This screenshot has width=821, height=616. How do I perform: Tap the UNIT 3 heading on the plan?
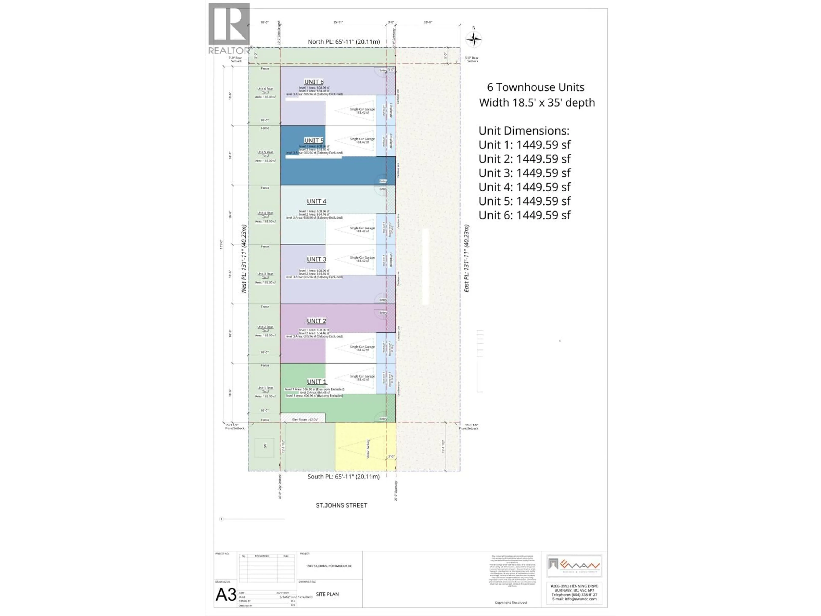click(x=316, y=259)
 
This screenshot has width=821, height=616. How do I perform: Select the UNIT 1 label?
click(x=316, y=382)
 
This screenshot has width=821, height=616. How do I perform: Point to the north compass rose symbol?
click(x=474, y=39)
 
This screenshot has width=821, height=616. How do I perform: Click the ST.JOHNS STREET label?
click(x=341, y=505)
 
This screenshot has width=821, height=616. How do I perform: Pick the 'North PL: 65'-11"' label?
click(x=344, y=41)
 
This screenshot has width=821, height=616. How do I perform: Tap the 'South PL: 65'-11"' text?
click(x=343, y=476)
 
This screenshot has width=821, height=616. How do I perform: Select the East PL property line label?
click(x=466, y=258)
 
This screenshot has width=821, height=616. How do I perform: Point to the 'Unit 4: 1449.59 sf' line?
click(x=524, y=187)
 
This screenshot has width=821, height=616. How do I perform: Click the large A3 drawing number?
click(x=226, y=594)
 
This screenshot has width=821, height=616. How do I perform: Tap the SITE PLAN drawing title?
click(x=327, y=594)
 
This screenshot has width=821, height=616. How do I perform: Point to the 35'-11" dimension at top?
click(x=338, y=22)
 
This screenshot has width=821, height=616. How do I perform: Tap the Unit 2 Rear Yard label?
click(x=265, y=329)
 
